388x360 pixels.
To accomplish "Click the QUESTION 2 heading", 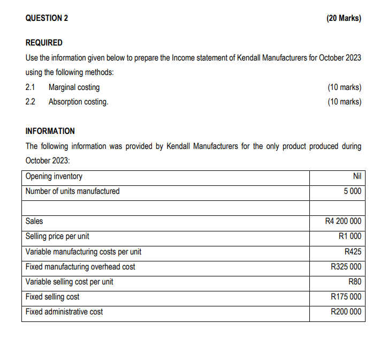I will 47,18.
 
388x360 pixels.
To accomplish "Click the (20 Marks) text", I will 343,18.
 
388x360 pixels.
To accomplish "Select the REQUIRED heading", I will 44,42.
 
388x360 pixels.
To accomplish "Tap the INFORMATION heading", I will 50,131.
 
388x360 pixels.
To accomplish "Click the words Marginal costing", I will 74,87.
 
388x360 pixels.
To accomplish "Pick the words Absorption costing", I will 78,101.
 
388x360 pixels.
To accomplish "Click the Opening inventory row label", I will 54,176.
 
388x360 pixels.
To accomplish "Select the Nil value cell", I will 357,176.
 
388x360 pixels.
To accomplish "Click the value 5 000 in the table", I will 351,191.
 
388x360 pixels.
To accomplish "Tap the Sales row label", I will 34,221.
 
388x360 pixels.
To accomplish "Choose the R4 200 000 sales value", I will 343,221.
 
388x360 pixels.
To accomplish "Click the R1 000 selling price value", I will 350,236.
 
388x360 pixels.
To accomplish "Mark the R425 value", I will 353,251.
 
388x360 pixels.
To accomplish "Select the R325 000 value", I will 346,266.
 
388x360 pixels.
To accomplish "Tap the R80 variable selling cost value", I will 355,281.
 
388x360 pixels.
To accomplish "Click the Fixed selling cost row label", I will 52,296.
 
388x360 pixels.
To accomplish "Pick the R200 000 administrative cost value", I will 346,311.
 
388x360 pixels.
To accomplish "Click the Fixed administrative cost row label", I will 64,311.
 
